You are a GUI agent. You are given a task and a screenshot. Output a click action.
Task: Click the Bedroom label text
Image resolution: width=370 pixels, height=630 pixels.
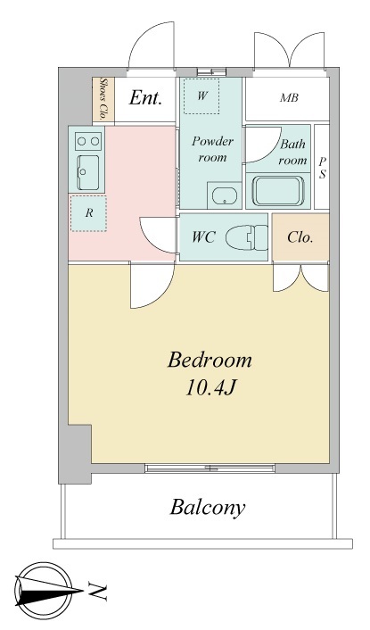pos(210,360)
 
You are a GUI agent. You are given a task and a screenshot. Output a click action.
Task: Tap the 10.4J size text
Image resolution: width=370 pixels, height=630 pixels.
pos(210,388)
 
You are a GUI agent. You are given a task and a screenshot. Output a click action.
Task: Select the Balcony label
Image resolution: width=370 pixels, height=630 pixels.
pos(208,508)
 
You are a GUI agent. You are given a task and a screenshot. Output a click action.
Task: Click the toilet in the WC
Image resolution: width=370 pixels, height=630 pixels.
pos(246,237)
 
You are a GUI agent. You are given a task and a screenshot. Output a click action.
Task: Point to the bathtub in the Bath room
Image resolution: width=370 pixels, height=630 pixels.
pos(277,191)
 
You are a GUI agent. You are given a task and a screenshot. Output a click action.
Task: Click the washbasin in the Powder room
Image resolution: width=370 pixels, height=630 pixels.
pos(225,195)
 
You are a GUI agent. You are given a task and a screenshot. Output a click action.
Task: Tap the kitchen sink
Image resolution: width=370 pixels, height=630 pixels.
pos(88,172)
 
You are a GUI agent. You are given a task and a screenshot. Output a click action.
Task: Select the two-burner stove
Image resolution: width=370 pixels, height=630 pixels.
pos(88,141)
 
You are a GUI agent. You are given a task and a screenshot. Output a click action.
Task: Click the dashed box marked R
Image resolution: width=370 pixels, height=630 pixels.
pos(88,213)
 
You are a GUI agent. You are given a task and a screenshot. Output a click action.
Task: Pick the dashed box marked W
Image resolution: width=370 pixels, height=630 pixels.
pos(201,96)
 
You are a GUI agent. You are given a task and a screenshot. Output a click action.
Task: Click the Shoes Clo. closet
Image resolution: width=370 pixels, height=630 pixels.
pos(103,99)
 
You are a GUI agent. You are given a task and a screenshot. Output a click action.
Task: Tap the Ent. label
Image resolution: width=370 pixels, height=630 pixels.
pos(145,98)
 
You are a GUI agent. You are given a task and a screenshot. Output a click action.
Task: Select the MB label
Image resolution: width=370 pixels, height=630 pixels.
pos(289,97)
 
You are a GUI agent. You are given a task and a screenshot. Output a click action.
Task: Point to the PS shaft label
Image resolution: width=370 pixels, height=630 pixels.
pos(323,168)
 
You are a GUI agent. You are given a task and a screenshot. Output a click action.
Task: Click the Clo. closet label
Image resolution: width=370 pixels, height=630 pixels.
pos(300,237)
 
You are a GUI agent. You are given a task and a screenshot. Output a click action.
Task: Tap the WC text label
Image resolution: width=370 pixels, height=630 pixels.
pos(203,237)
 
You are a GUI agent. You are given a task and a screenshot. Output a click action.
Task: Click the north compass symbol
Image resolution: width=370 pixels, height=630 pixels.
pos(45,590)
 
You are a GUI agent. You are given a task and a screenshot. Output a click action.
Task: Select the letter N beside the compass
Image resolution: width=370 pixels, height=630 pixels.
pos(97,592)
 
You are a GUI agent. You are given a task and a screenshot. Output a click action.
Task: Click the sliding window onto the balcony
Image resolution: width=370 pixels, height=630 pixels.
pos(210,468)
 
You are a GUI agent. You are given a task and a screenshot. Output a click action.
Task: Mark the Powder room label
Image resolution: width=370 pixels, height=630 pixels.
pos(212,149)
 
